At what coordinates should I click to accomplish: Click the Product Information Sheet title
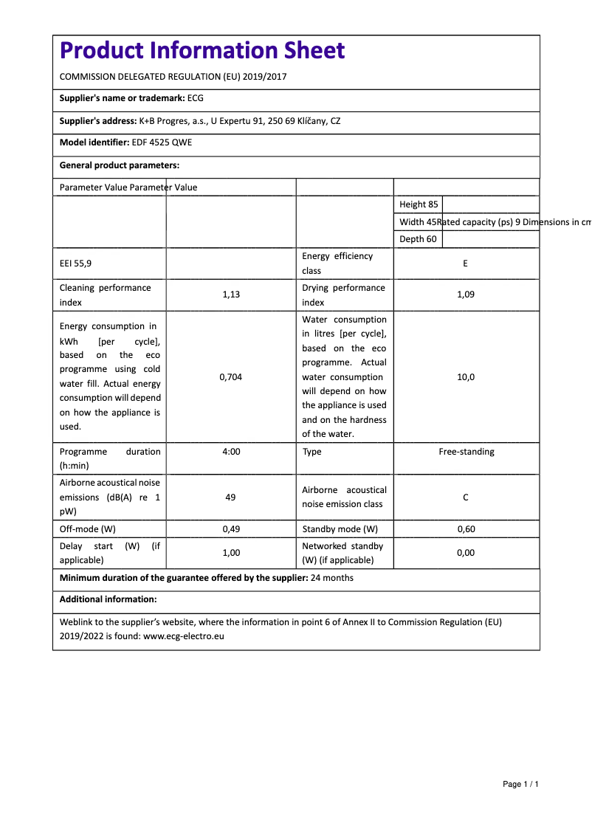coord(202,50)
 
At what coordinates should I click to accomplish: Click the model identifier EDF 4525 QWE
coord(162,142)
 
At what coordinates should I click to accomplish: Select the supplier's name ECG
coord(196,97)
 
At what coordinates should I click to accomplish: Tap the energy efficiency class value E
coord(465,263)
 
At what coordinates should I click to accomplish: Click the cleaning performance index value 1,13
coord(231,294)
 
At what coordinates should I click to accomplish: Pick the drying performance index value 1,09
coord(465,294)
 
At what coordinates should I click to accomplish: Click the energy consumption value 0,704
coord(231,377)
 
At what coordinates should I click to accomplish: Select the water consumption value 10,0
coord(465,377)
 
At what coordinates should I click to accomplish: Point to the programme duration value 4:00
coord(231,451)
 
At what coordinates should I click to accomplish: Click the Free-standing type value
coord(467,451)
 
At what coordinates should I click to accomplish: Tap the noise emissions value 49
coord(231,497)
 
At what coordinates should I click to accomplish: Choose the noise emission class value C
coord(465,497)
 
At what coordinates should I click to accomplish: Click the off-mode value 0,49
coord(231,529)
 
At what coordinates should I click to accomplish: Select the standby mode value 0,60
coord(465,529)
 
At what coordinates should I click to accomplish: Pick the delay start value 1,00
coord(231,553)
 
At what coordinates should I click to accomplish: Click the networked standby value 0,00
coord(465,553)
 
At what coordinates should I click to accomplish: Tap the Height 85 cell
coord(419,204)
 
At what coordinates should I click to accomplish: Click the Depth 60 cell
coord(418,239)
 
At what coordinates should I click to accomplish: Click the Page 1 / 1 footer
coord(520,784)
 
